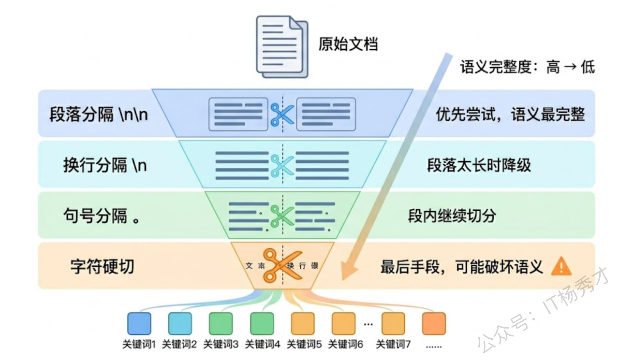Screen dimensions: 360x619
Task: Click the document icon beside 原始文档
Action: point(281,46)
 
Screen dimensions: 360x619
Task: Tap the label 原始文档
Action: point(348,44)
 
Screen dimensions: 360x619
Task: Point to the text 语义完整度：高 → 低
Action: point(527,67)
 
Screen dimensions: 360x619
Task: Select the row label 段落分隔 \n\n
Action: point(99,115)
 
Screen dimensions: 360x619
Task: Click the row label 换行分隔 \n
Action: point(105,165)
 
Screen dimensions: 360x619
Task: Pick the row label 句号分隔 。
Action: point(102,216)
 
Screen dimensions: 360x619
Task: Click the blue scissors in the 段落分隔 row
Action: point(281,114)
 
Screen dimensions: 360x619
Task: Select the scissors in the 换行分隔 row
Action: point(281,165)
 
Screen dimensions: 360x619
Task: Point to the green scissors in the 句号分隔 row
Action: point(281,216)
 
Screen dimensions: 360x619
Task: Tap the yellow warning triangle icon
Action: point(561,266)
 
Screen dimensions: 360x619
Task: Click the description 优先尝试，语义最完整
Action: point(510,115)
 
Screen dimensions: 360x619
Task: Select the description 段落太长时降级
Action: point(479,165)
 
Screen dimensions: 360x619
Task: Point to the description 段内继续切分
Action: point(452,216)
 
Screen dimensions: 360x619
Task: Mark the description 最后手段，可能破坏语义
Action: point(462,267)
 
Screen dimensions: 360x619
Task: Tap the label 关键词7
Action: point(393,345)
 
